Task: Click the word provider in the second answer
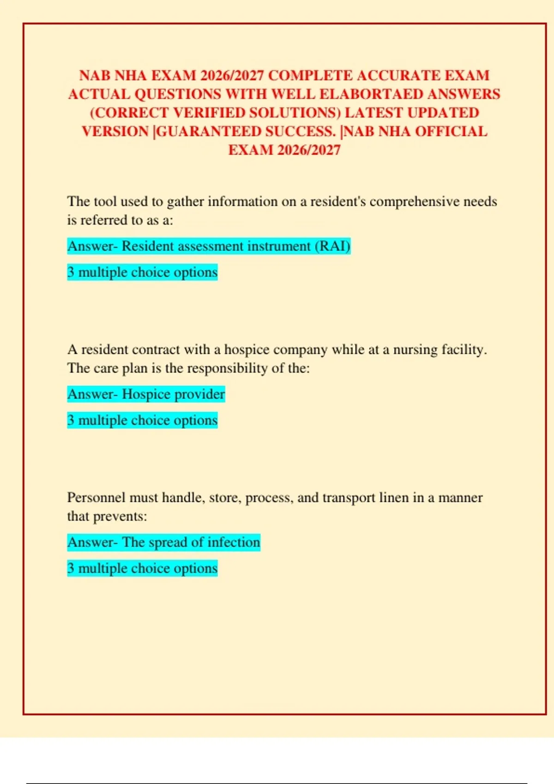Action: click(x=203, y=394)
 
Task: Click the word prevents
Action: click(x=120, y=517)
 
